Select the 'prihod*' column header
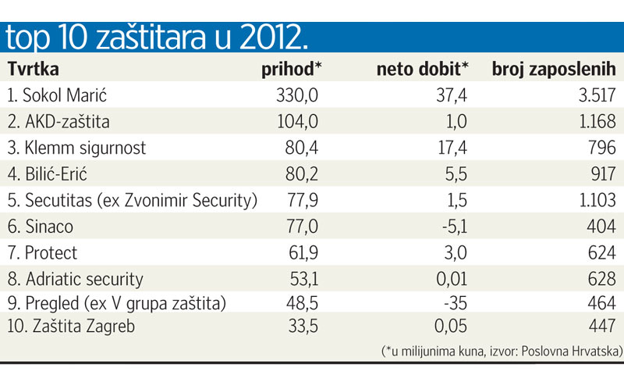[x=292, y=70]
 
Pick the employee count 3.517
[x=595, y=96]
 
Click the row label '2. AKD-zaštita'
[x=59, y=122]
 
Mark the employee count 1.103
[x=595, y=199]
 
